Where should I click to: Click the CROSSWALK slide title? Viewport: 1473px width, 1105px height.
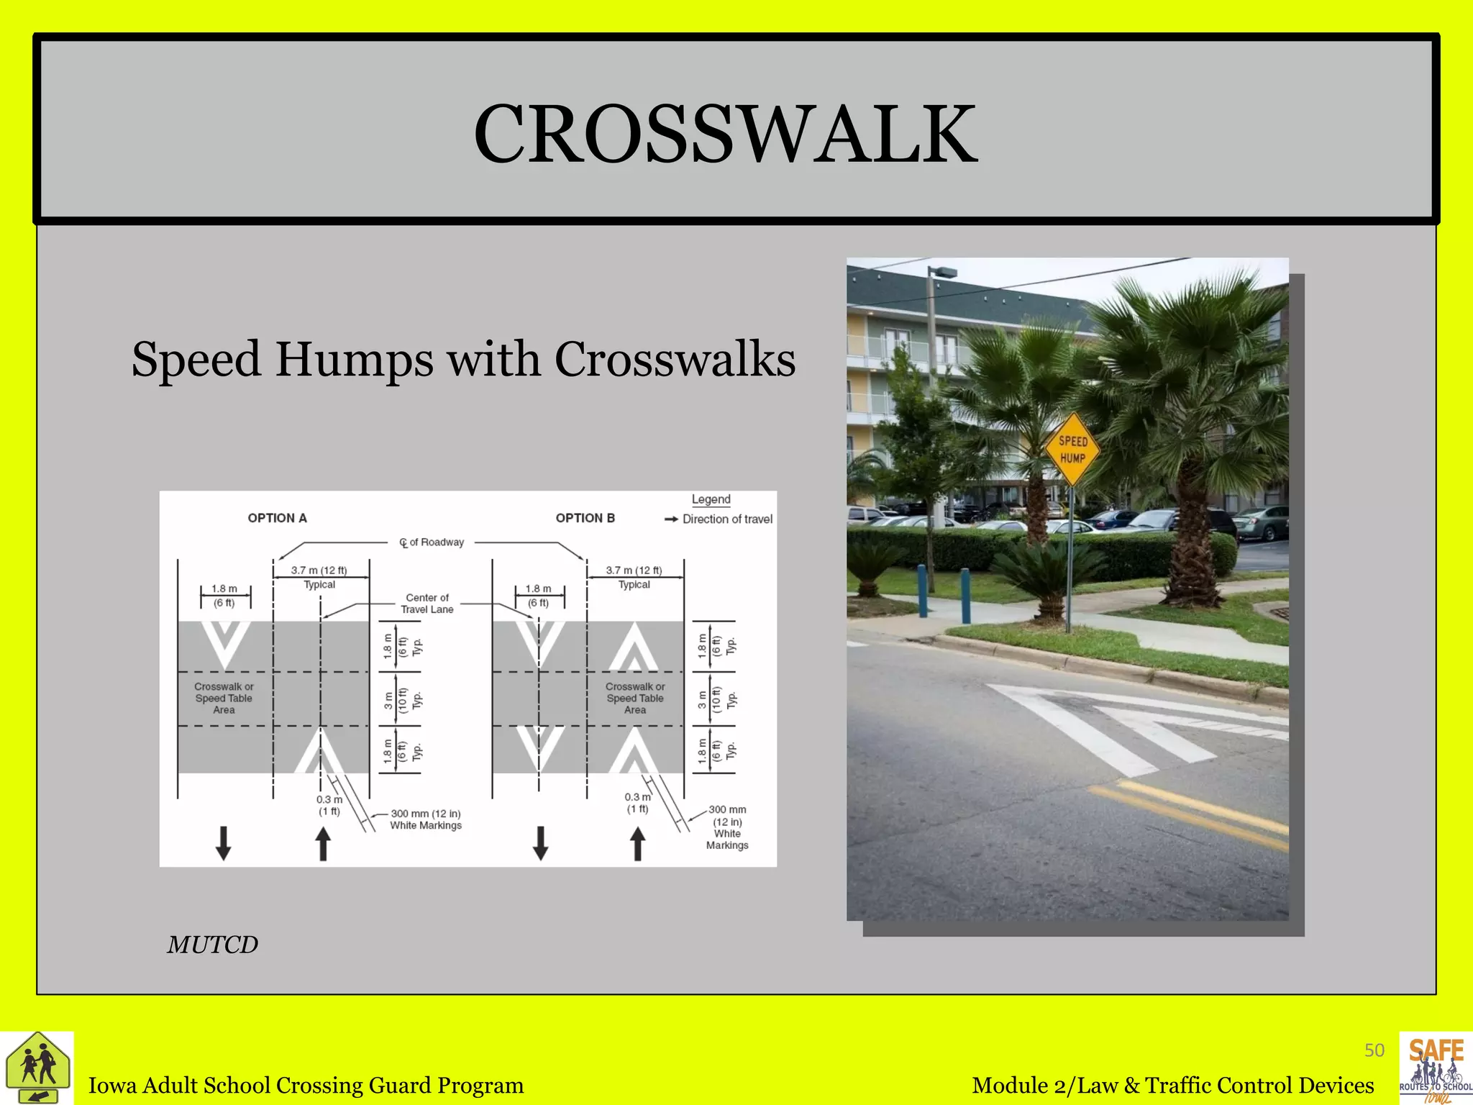click(x=725, y=135)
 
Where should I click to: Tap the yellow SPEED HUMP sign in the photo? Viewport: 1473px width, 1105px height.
click(x=1072, y=450)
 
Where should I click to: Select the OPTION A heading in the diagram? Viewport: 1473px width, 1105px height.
click(x=277, y=518)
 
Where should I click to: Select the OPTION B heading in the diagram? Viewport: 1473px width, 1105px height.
click(x=585, y=518)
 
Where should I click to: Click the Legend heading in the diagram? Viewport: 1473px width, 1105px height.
click(x=711, y=499)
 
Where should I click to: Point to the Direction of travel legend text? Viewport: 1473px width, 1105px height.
click(x=726, y=519)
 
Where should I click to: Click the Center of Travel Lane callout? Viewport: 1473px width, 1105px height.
click(x=427, y=604)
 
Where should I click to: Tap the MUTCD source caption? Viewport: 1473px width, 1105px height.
click(x=212, y=945)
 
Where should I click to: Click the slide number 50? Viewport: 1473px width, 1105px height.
click(x=1374, y=1050)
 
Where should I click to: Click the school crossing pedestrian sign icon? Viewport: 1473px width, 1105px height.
click(x=37, y=1068)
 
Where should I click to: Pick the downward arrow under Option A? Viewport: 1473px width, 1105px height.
click(x=224, y=843)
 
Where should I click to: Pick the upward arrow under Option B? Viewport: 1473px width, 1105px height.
click(x=637, y=843)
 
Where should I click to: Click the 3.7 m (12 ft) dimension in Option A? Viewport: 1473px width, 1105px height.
click(x=319, y=570)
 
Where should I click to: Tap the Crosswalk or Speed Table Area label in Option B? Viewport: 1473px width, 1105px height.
click(x=634, y=698)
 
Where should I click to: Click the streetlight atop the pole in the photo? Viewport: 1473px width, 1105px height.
click(x=944, y=272)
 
